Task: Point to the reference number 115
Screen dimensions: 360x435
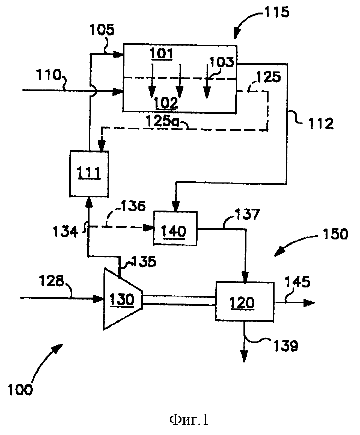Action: pyautogui.click(x=277, y=12)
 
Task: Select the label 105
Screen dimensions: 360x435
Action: pyautogui.click(x=102, y=30)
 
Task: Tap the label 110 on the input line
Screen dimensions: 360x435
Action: pyautogui.click(x=48, y=75)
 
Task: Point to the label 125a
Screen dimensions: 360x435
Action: pyautogui.click(x=163, y=121)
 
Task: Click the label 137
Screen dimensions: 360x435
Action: pyautogui.click(x=248, y=214)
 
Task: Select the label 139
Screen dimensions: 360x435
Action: pyautogui.click(x=286, y=346)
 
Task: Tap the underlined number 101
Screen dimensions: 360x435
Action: pyautogui.click(x=162, y=54)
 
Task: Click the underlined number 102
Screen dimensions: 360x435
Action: pyautogui.click(x=166, y=103)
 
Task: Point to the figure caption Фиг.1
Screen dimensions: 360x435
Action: pyautogui.click(x=189, y=420)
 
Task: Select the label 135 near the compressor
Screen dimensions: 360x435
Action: pyautogui.click(x=144, y=261)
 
